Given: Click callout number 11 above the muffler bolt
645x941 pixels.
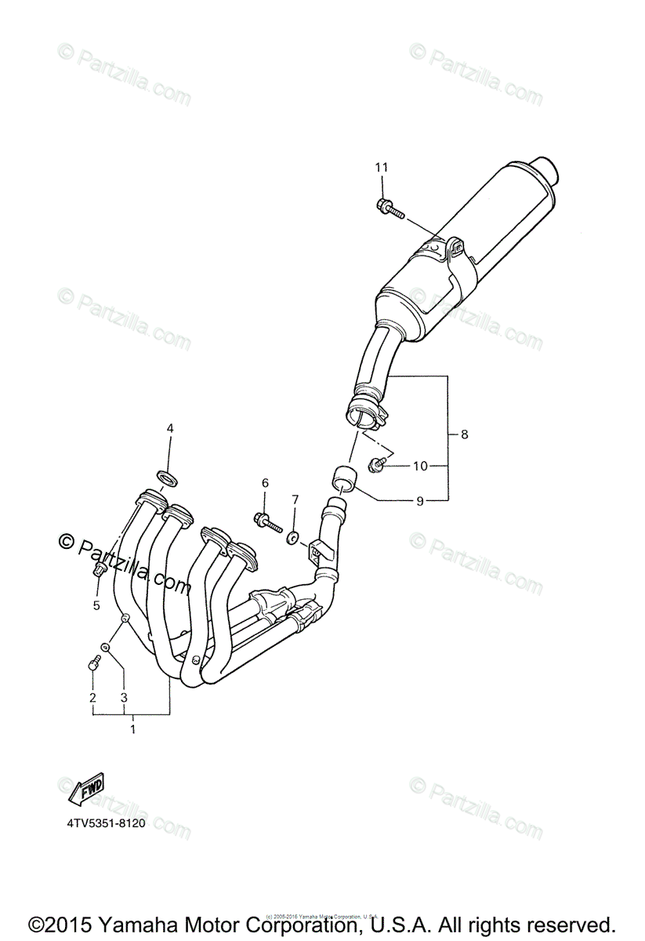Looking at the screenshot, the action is click(x=382, y=167).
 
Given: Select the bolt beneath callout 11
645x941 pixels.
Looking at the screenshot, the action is click(x=388, y=208).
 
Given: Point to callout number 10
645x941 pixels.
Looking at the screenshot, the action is click(x=420, y=466).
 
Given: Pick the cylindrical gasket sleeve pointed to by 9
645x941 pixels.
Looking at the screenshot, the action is click(x=342, y=477).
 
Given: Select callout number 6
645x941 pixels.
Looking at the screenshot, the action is click(x=265, y=482).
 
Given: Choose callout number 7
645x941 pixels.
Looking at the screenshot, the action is click(x=295, y=499).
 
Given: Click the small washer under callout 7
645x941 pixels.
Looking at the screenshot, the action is click(x=293, y=537).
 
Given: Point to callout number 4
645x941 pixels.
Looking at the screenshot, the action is click(x=169, y=428).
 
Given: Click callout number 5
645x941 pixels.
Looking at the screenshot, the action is click(x=96, y=605).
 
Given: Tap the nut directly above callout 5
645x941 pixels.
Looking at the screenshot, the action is click(x=99, y=570).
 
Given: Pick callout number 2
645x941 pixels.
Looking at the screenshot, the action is click(x=92, y=697).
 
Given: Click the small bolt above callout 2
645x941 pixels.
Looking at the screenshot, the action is click(x=92, y=665).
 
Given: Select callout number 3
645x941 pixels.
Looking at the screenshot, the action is click(x=124, y=697).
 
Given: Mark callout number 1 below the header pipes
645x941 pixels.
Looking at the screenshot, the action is click(x=132, y=728).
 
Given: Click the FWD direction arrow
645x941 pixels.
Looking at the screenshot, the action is click(x=86, y=789).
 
